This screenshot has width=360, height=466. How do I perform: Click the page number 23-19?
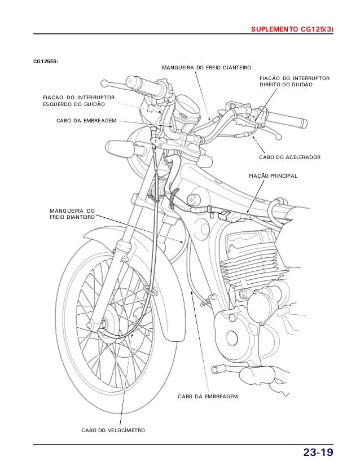coord(318,452)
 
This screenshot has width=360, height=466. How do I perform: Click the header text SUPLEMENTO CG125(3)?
coord(292,29)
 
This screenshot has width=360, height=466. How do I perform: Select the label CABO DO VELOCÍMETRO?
coord(113,430)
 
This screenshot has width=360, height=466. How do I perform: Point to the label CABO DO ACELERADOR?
coord(289,156)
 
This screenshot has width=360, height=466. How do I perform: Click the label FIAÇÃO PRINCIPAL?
coord(273,177)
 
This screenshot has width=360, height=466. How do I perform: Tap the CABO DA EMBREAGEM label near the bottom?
coord(208,397)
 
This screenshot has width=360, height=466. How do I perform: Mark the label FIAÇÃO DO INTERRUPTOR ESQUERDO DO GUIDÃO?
coord(78,101)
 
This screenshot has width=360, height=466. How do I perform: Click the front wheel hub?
coord(104,325)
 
